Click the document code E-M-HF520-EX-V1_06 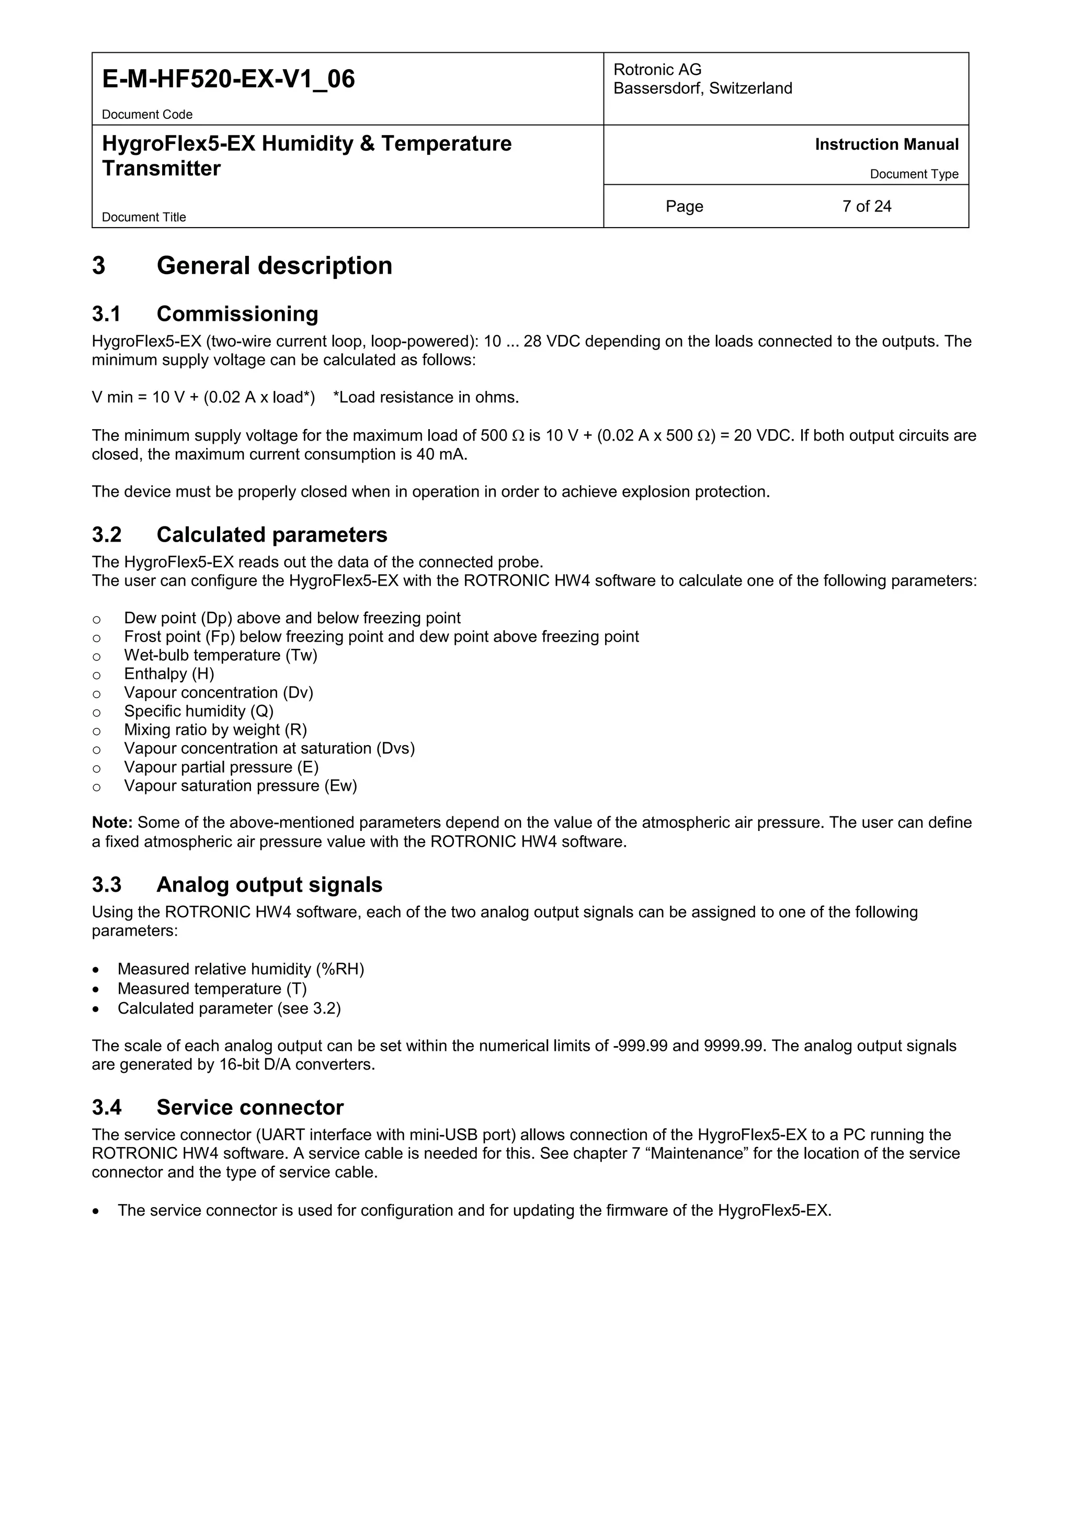coord(229,79)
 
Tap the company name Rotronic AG coord(657,69)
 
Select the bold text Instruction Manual coord(886,144)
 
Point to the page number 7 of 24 coord(867,207)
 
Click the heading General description coord(274,265)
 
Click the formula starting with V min coord(203,398)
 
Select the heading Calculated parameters coord(271,534)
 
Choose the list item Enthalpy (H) coord(169,673)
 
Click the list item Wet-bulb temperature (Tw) coord(220,655)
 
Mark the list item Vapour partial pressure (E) coord(221,767)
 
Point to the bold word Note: coord(112,823)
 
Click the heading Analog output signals coord(269,885)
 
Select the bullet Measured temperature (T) coord(212,989)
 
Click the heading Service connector coord(249,1107)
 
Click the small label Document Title coord(144,217)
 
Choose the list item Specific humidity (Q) coord(199,711)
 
